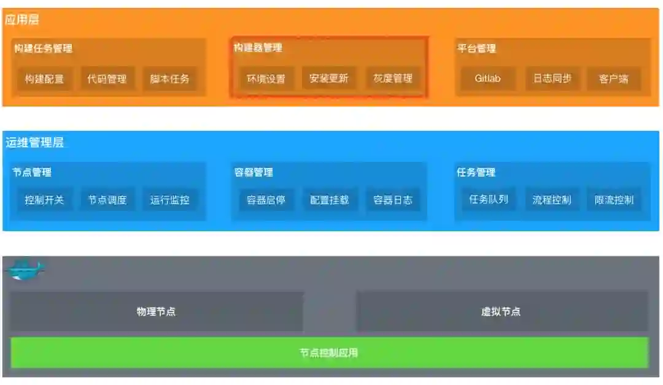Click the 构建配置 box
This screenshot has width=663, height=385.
[44, 79]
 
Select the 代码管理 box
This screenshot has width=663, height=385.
[107, 79]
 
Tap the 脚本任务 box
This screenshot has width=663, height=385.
[170, 79]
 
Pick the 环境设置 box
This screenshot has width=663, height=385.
[266, 79]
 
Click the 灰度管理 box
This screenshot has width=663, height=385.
[393, 79]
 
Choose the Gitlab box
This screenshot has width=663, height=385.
[487, 78]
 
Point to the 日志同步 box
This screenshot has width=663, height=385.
[552, 78]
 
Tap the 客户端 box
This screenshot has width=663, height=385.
[614, 78]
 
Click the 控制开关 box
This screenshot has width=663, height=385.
[44, 200]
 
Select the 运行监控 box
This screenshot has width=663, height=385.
[170, 200]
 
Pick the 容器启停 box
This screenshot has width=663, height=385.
[266, 200]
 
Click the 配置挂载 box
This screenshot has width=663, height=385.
[329, 200]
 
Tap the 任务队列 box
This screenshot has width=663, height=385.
[489, 199]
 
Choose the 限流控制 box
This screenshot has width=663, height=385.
[614, 200]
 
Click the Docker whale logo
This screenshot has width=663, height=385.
[25, 269]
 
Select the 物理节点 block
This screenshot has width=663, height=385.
[156, 311]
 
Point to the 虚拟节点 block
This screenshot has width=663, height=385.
[501, 311]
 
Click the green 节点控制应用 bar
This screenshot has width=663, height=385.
[329, 353]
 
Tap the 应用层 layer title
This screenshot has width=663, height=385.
[22, 20]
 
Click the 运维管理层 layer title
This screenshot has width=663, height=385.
[35, 143]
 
